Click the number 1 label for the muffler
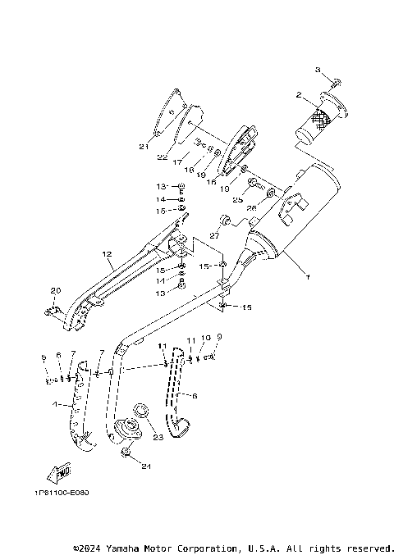pyautogui.click(x=309, y=278)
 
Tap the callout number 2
pyautogui.click(x=300, y=95)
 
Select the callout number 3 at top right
pyautogui.click(x=319, y=72)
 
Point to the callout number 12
pyautogui.click(x=107, y=254)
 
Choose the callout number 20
pyautogui.click(x=56, y=291)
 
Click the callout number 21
pyautogui.click(x=144, y=148)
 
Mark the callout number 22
pyautogui.click(x=163, y=157)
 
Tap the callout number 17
pyautogui.click(x=176, y=163)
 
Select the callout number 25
pyautogui.click(x=236, y=199)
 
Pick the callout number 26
pyautogui.click(x=252, y=208)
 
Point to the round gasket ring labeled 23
pyautogui.click(x=140, y=409)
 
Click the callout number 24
pyautogui.click(x=145, y=468)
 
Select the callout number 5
pyautogui.click(x=45, y=357)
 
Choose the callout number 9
pyautogui.click(x=219, y=336)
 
